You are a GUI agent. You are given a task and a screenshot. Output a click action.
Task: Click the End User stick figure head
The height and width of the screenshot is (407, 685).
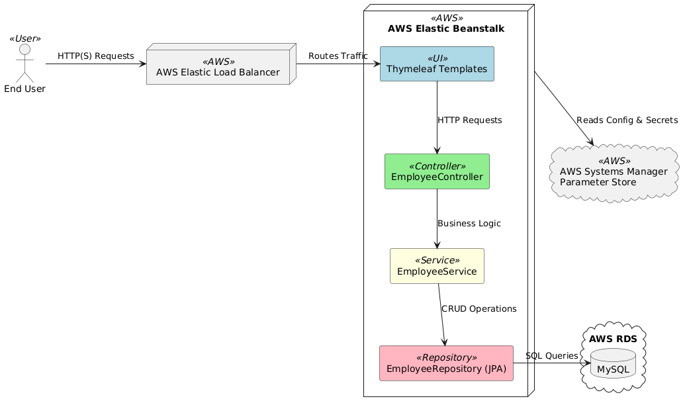[x=24, y=50]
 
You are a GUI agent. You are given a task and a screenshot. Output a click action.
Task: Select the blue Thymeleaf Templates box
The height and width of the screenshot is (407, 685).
[x=437, y=64]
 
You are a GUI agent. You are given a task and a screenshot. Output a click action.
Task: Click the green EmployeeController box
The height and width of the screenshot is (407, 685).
[x=437, y=171]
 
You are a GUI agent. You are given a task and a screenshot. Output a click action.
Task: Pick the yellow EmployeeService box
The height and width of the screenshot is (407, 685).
[x=437, y=266]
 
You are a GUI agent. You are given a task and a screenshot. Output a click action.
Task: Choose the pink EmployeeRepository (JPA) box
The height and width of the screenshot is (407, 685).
[x=446, y=363]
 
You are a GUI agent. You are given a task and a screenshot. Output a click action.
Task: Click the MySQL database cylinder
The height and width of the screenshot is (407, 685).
[x=613, y=364]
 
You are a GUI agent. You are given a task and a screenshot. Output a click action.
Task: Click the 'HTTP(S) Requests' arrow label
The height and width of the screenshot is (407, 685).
[x=96, y=56]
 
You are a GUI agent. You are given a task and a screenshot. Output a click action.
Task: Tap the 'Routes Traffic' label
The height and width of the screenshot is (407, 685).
[x=338, y=56]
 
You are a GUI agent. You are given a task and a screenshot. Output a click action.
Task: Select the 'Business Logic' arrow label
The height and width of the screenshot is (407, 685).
[x=469, y=224]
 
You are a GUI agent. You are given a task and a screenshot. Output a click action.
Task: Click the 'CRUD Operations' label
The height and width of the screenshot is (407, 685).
[x=479, y=308]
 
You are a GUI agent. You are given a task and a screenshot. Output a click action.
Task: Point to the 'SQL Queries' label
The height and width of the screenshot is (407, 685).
[x=551, y=356]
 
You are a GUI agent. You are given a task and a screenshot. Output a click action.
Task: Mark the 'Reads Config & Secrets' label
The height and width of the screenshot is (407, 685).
[x=627, y=120]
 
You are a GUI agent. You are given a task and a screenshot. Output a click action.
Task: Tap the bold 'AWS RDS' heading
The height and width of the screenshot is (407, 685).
[x=613, y=339]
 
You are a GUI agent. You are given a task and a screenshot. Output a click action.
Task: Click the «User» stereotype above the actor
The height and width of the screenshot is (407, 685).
[x=24, y=38]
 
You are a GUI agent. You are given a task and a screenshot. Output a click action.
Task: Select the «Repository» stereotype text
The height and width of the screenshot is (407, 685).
[x=446, y=357]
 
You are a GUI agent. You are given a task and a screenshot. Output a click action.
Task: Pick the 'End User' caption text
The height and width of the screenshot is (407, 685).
[x=24, y=89]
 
